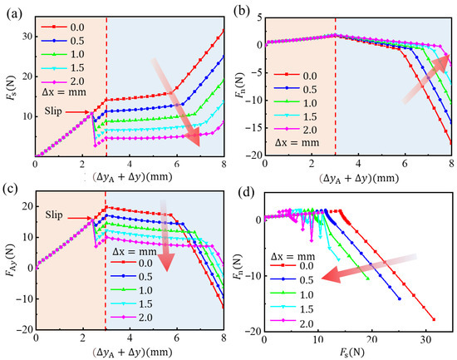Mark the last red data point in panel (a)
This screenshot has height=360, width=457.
pos(223,31)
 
